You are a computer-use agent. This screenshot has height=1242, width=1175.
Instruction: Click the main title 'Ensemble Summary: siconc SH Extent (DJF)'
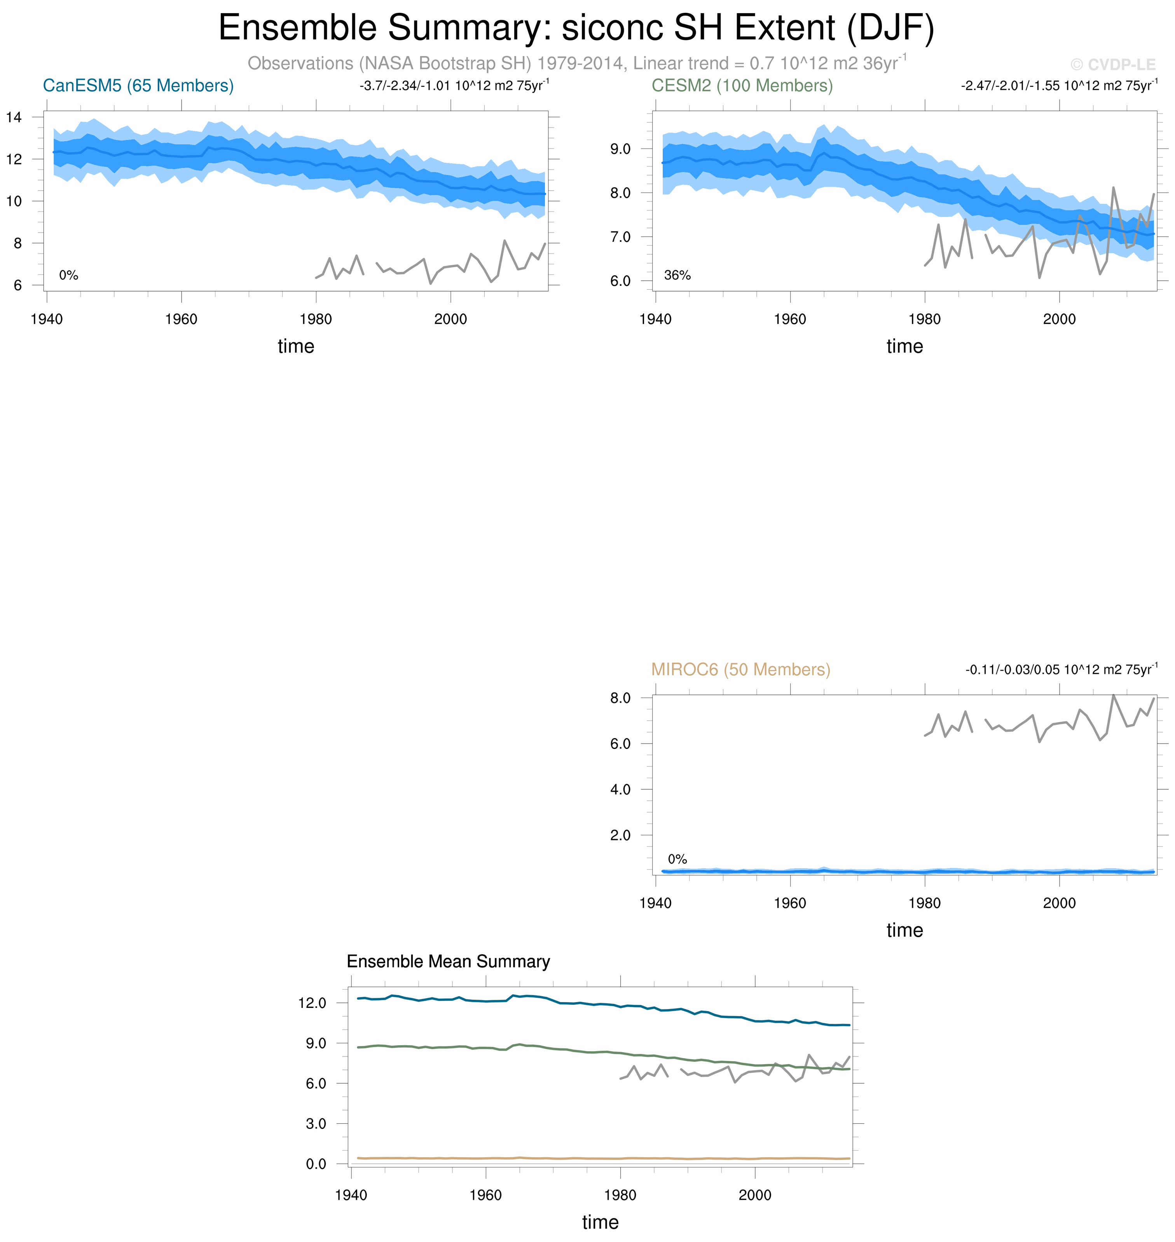(x=576, y=28)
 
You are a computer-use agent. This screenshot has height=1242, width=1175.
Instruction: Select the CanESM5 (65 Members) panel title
(x=138, y=86)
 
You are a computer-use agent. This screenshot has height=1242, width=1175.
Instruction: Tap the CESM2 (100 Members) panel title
(x=742, y=86)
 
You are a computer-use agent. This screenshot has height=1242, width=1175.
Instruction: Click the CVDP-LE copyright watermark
(x=1112, y=65)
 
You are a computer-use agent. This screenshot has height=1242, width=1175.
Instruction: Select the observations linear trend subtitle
(x=576, y=63)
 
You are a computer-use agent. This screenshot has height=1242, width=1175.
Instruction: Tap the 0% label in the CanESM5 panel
(x=68, y=275)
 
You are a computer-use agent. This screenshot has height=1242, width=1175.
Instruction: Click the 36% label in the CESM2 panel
(x=677, y=275)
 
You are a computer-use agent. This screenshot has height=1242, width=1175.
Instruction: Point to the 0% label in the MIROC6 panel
(x=677, y=859)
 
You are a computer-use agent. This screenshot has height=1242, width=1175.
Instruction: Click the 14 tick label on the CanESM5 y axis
(x=14, y=117)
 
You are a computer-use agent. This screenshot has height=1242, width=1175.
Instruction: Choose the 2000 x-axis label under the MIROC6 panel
(x=1059, y=903)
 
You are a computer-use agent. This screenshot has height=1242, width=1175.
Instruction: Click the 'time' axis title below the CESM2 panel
(x=904, y=346)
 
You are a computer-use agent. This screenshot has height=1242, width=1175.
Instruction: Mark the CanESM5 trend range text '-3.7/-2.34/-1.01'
(x=405, y=86)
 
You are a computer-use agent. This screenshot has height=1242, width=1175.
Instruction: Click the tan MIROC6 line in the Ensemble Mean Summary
(x=564, y=1159)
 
